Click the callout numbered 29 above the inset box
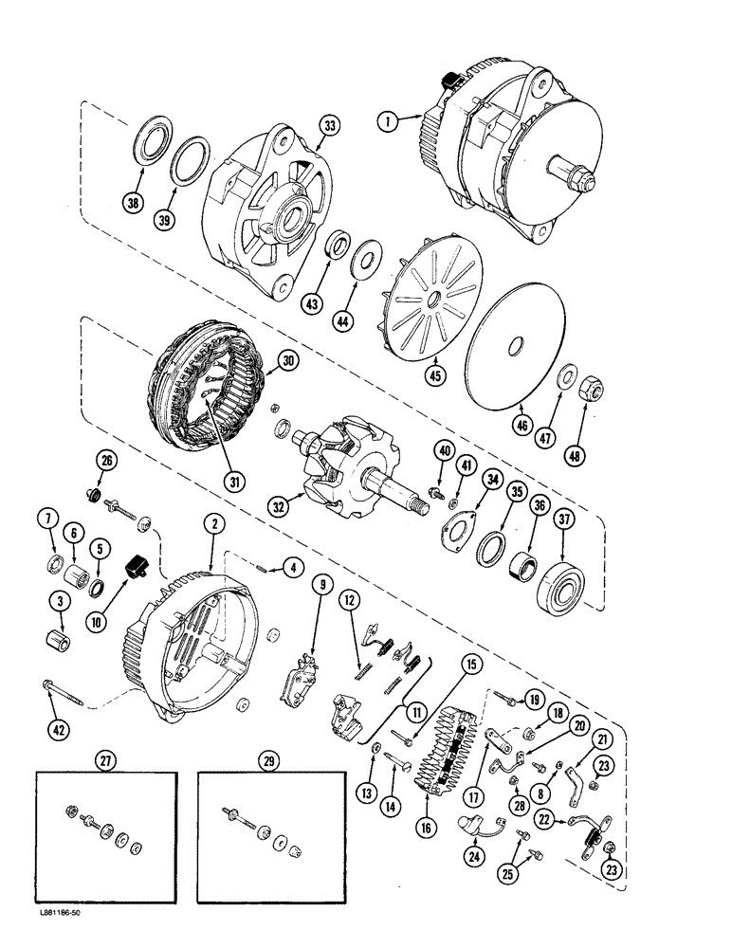point(264,759)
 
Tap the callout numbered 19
point(535,702)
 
